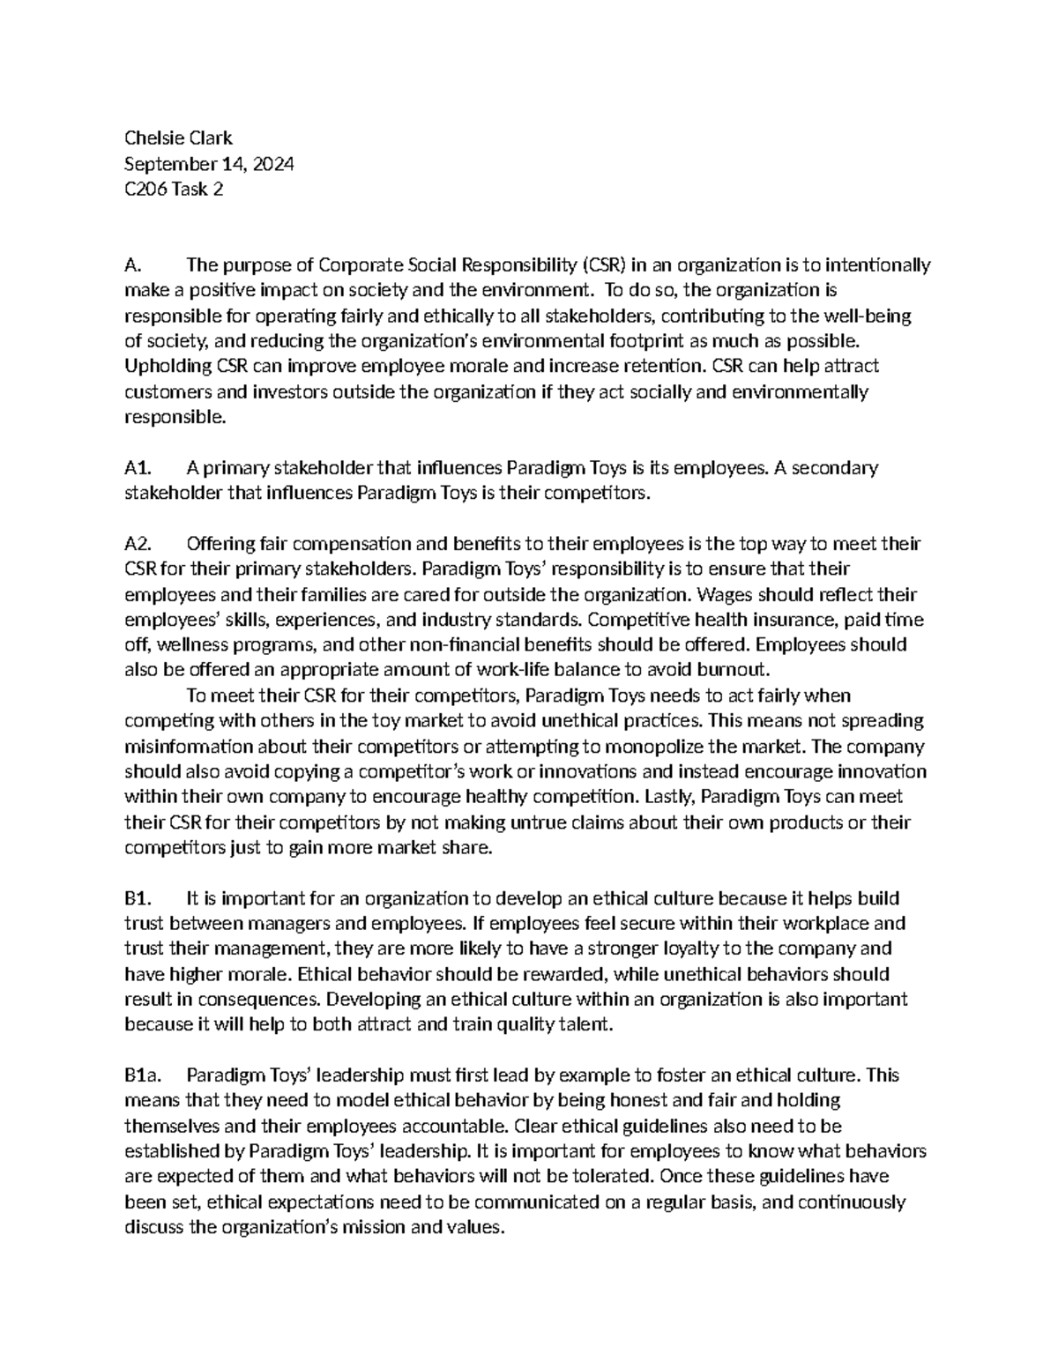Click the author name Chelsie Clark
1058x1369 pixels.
(x=178, y=138)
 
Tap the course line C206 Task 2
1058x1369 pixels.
(x=174, y=189)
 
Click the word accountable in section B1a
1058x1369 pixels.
(x=454, y=1126)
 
